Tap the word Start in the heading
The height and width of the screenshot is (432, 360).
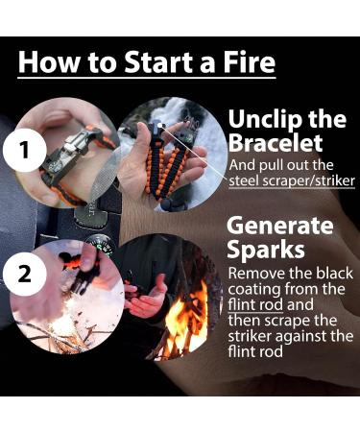[156, 61]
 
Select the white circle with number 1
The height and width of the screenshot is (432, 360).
[25, 151]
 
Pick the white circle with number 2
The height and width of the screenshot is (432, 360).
[25, 275]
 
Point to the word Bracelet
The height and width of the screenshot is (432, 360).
[276, 142]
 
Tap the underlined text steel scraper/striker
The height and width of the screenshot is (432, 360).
[292, 181]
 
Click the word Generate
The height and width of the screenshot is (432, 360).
[280, 226]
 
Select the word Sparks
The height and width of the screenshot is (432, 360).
[266, 250]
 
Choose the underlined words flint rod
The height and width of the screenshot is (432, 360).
[255, 304]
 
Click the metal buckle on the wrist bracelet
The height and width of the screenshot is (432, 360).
[73, 147]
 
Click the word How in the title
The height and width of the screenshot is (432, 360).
[48, 61]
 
